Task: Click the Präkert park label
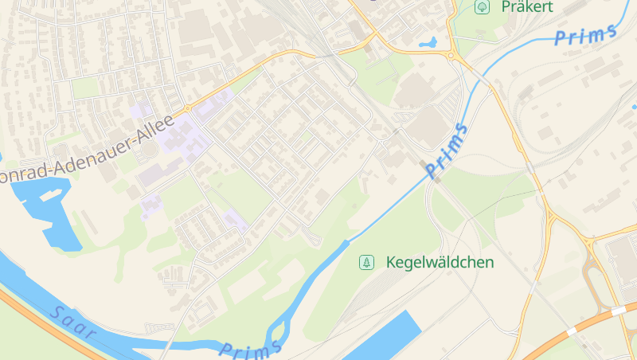(x=526, y=6)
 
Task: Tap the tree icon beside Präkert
(x=482, y=7)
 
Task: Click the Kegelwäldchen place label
(x=440, y=262)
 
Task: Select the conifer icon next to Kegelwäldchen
(x=366, y=262)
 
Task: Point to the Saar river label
(x=72, y=321)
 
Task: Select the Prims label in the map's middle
(x=447, y=151)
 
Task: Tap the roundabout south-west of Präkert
(x=451, y=56)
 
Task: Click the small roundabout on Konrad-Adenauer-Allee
(x=187, y=108)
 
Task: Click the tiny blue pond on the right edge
(x=634, y=106)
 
